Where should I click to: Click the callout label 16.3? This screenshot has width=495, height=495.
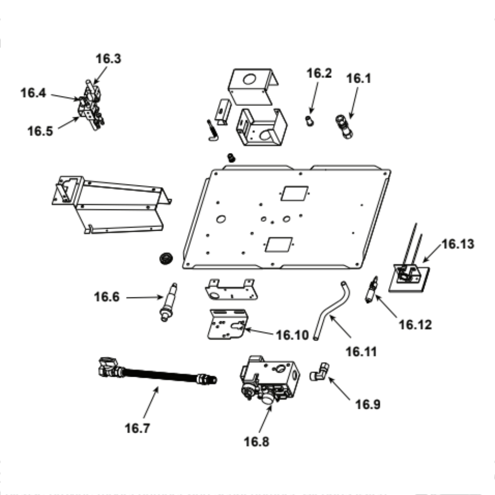pos(108,59)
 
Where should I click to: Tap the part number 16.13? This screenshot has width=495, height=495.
pos(458,244)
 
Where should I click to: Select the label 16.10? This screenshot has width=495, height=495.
pos(293,335)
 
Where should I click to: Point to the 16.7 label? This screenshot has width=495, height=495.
pos(137,428)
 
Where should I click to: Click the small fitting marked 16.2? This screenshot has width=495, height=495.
pos(310,121)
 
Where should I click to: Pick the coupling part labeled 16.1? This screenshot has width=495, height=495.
pos(344,126)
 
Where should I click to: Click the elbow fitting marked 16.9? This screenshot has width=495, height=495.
pos(319,372)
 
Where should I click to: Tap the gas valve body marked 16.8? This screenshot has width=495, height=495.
pos(270,379)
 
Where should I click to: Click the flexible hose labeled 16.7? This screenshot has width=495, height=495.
pos(158,373)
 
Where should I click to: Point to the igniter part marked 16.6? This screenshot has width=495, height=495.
pos(168,302)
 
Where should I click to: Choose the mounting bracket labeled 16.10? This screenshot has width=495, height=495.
pos(227,324)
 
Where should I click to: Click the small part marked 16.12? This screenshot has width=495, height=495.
pos(371,290)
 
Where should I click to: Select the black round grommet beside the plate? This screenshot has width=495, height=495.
pos(166,258)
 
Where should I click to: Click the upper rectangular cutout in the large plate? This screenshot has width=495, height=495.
pos(294,193)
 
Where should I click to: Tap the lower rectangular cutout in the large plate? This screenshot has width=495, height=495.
pos(279,245)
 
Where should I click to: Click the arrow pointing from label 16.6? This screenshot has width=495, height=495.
pos(145,297)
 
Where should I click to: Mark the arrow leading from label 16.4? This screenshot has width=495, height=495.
pos(65,97)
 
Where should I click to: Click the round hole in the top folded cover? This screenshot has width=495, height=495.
pos(249,79)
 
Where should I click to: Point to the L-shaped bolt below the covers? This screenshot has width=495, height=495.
pos(213,130)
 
